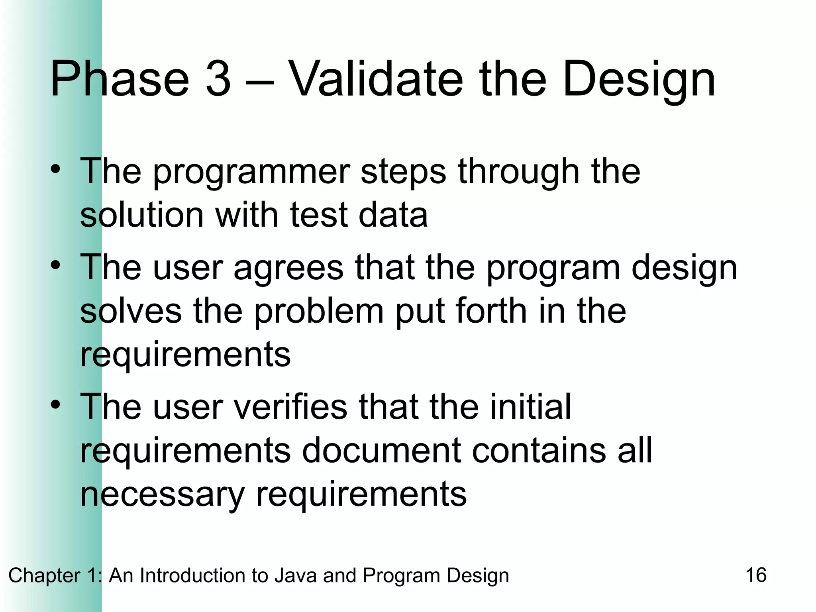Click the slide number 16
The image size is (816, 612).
[755, 575]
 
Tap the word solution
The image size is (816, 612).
[142, 215]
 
